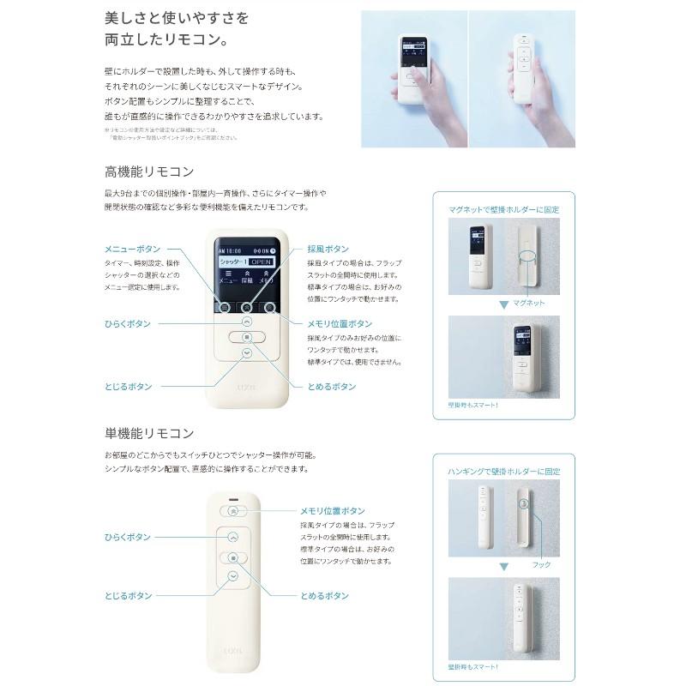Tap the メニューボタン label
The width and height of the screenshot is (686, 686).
(x=131, y=248)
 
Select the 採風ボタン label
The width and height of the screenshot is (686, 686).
(x=328, y=248)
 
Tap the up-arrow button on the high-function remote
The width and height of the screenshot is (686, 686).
(x=247, y=322)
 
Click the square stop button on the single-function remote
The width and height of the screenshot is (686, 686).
(x=233, y=557)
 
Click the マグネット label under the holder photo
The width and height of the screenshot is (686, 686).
(x=529, y=304)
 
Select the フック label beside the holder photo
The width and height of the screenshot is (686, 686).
(x=541, y=565)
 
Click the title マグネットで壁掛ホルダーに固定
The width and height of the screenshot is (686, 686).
(x=504, y=208)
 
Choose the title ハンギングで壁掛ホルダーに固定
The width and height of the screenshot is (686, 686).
(x=504, y=471)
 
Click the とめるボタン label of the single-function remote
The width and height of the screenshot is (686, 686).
(x=324, y=595)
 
